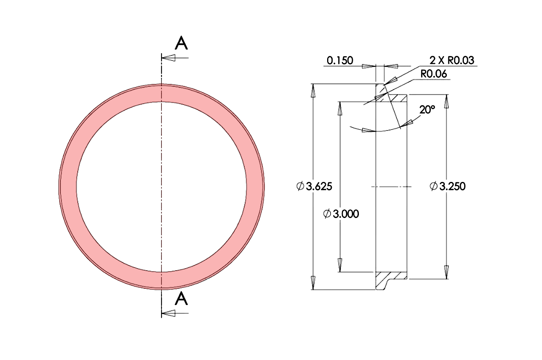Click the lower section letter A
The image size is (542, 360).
pos(181,298)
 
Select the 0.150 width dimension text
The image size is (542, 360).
pos(340,60)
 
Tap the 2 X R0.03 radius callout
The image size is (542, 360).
pos(451,60)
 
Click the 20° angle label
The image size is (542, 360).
pos(427,110)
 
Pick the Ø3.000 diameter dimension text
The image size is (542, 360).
pos(341,213)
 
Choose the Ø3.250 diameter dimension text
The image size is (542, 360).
pos(448,186)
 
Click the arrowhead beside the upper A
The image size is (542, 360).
pos(168,58)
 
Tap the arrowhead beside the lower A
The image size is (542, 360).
pos(168,313)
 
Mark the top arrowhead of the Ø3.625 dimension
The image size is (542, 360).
pos(313,91)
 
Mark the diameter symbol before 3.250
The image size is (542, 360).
pos(434,186)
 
